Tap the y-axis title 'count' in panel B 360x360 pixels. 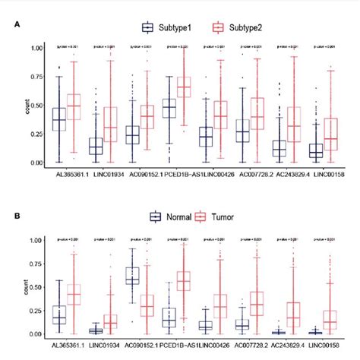tap(11, 287)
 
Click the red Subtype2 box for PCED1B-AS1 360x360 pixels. tap(183, 87)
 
